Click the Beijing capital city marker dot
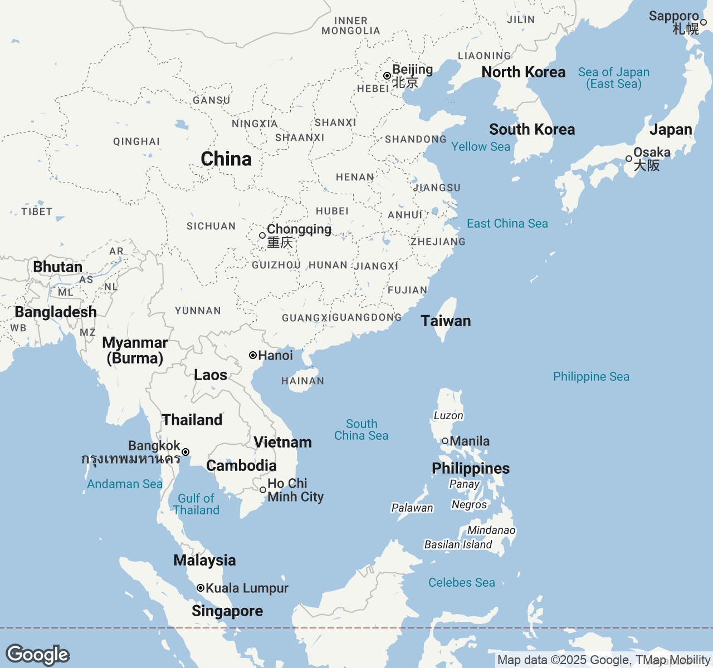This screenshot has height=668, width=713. [387, 76]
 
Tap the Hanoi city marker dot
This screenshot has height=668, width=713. [253, 355]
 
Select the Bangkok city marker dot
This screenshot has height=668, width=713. [185, 452]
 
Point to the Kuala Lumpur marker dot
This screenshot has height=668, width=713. [201, 588]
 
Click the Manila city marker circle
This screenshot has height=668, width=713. [445, 441]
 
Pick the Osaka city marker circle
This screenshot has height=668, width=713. [629, 159]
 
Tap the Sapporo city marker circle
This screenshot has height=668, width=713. [704, 22]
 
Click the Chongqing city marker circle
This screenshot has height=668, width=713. [262, 235]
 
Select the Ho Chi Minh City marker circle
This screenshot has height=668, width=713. [263, 490]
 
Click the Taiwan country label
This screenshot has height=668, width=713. [446, 321]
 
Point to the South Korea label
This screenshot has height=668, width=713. [532, 129]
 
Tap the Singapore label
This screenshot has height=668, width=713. [227, 611]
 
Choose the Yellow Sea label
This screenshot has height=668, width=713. [481, 146]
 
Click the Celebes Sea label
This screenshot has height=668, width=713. [461, 582]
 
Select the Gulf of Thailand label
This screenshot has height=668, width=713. [196, 504]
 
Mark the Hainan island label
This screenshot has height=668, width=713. [302, 381]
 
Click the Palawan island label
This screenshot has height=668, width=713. [412, 508]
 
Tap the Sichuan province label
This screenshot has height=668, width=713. [211, 226]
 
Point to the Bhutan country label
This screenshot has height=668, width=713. [58, 267]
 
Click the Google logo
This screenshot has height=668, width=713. [37, 655]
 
